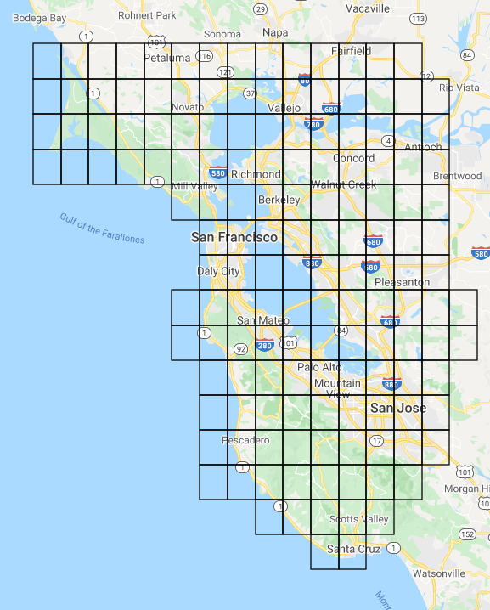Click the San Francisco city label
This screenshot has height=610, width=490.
coord(234,237)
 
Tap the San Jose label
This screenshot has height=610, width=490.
coord(398,409)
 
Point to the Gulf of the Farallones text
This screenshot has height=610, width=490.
coord(102,228)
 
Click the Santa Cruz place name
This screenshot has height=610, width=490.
coord(353,549)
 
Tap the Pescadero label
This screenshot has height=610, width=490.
coord(245,440)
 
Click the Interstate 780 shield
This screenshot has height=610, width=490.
coord(313,124)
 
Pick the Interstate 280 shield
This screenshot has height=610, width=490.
coord(264,345)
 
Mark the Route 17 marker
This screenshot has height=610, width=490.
coord(376,440)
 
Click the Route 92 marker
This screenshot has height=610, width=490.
coord(240,348)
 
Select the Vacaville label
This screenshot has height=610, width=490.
coord(368,8)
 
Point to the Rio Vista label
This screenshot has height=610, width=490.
coord(459,88)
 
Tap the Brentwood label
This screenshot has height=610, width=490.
coord(457,176)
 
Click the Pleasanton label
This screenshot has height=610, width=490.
coord(402,282)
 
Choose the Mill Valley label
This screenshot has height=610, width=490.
coord(194,186)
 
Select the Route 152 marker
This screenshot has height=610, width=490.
coord(467,534)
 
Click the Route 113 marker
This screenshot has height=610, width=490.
coord(418,18)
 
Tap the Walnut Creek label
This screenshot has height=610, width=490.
coord(343,184)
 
